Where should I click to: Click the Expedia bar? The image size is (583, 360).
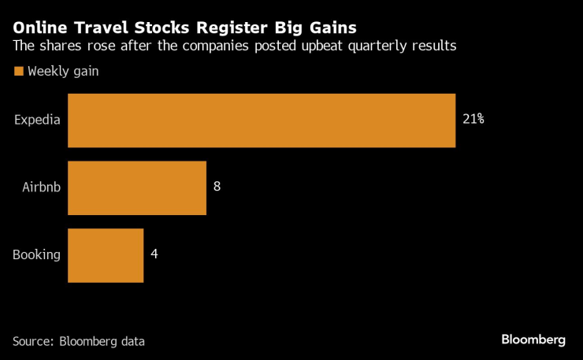(262, 121)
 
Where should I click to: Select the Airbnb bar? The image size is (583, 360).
(137, 187)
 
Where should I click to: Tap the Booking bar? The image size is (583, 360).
(106, 255)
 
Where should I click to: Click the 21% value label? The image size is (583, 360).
(473, 120)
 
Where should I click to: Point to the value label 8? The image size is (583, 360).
(217, 187)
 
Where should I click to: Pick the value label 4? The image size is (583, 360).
(154, 254)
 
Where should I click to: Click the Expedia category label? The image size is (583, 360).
(38, 121)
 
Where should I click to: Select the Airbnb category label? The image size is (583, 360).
(41, 187)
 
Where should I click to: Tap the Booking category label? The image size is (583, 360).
(37, 254)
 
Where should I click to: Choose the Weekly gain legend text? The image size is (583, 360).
(63, 72)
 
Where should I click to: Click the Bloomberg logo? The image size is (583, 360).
(533, 340)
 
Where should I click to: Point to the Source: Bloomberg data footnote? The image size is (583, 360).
(79, 341)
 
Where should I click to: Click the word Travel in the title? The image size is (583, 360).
(99, 27)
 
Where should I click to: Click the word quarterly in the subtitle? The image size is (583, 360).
(372, 46)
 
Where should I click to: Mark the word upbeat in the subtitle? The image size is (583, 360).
(319, 46)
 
